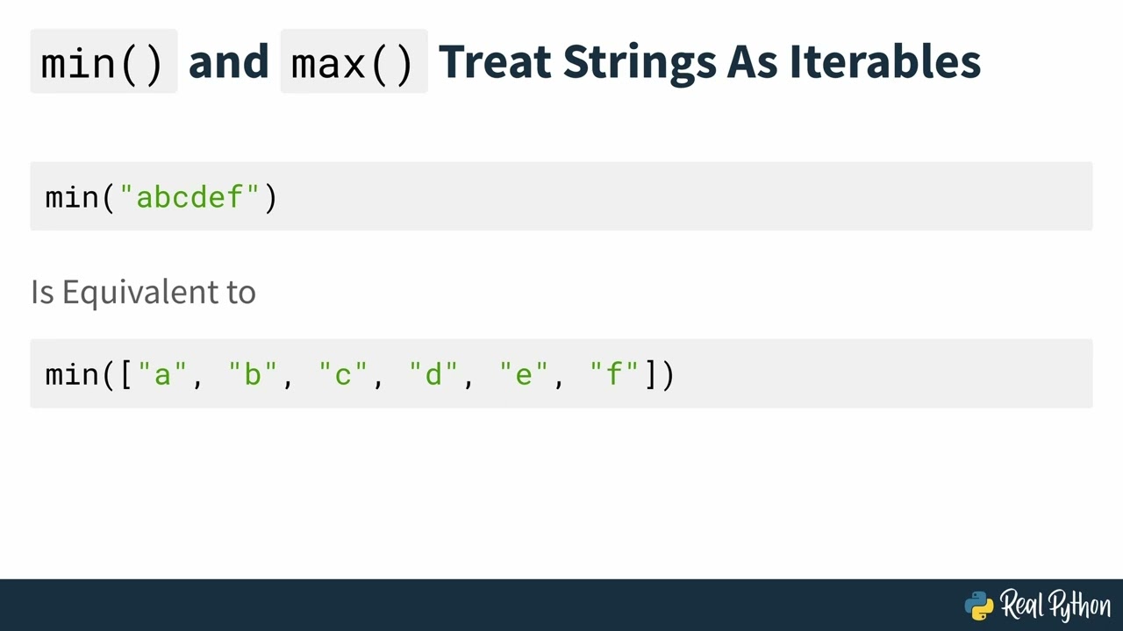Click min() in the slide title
click(103, 63)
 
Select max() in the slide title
click(353, 63)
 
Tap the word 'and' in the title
click(228, 62)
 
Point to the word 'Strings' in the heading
click(639, 62)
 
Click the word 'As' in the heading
click(752, 62)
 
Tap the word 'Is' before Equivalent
click(42, 292)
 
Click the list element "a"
click(163, 375)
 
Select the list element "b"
click(254, 375)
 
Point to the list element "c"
click(344, 375)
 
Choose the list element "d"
click(433, 375)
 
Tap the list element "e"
click(524, 375)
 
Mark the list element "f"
click(614, 375)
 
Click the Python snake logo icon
click(979, 606)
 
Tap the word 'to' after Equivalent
click(240, 292)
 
